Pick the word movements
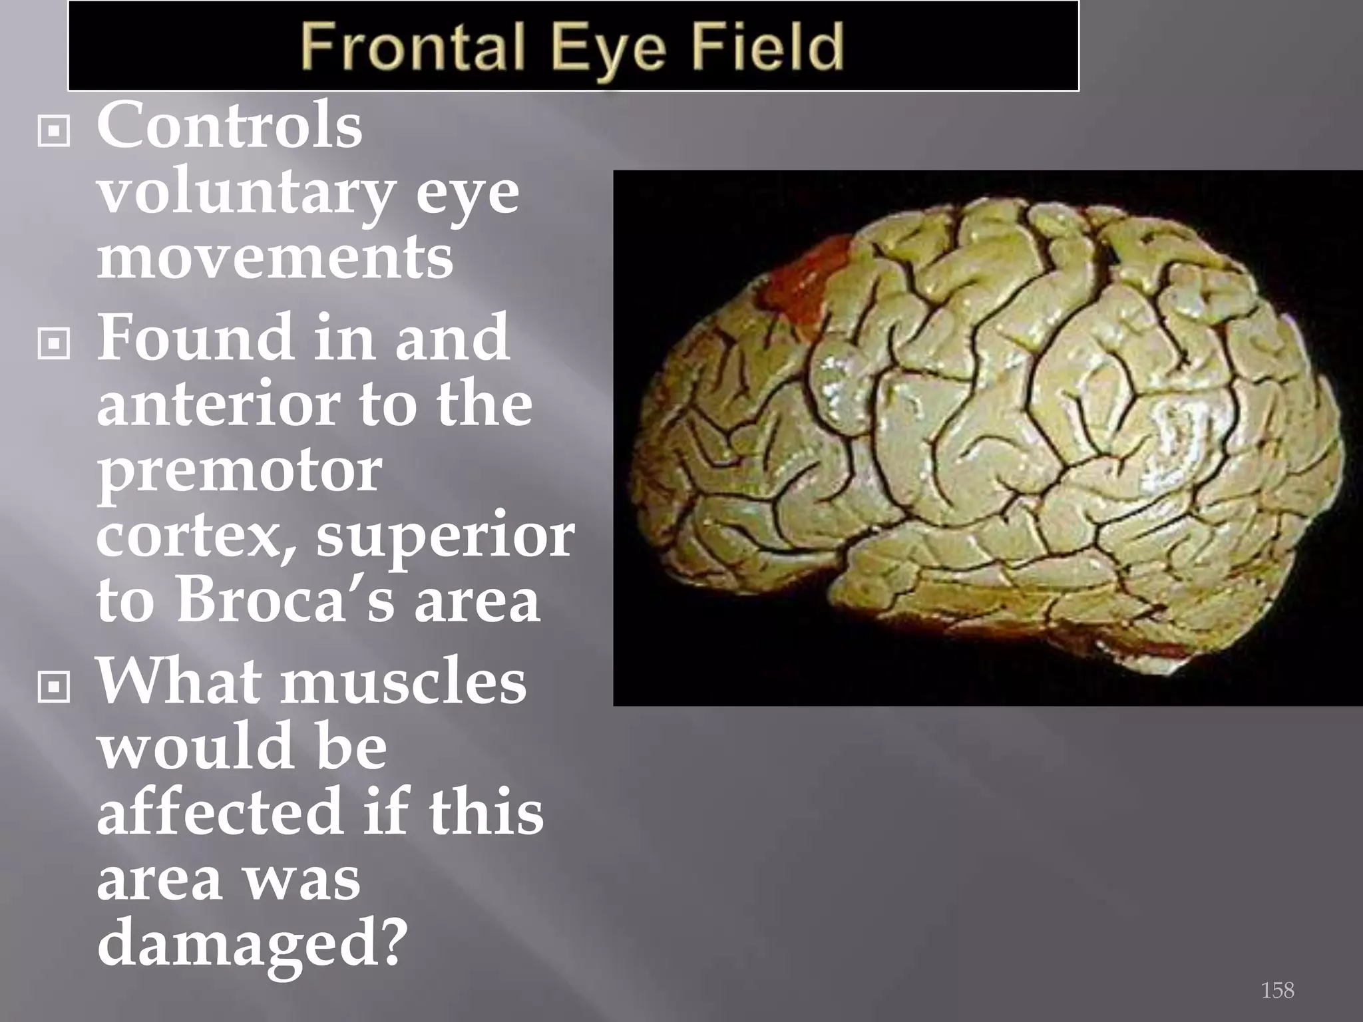(x=275, y=257)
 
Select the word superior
(x=445, y=536)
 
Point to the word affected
(x=219, y=811)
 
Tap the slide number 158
(x=1277, y=990)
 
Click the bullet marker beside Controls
(x=54, y=131)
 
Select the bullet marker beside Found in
(x=54, y=343)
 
